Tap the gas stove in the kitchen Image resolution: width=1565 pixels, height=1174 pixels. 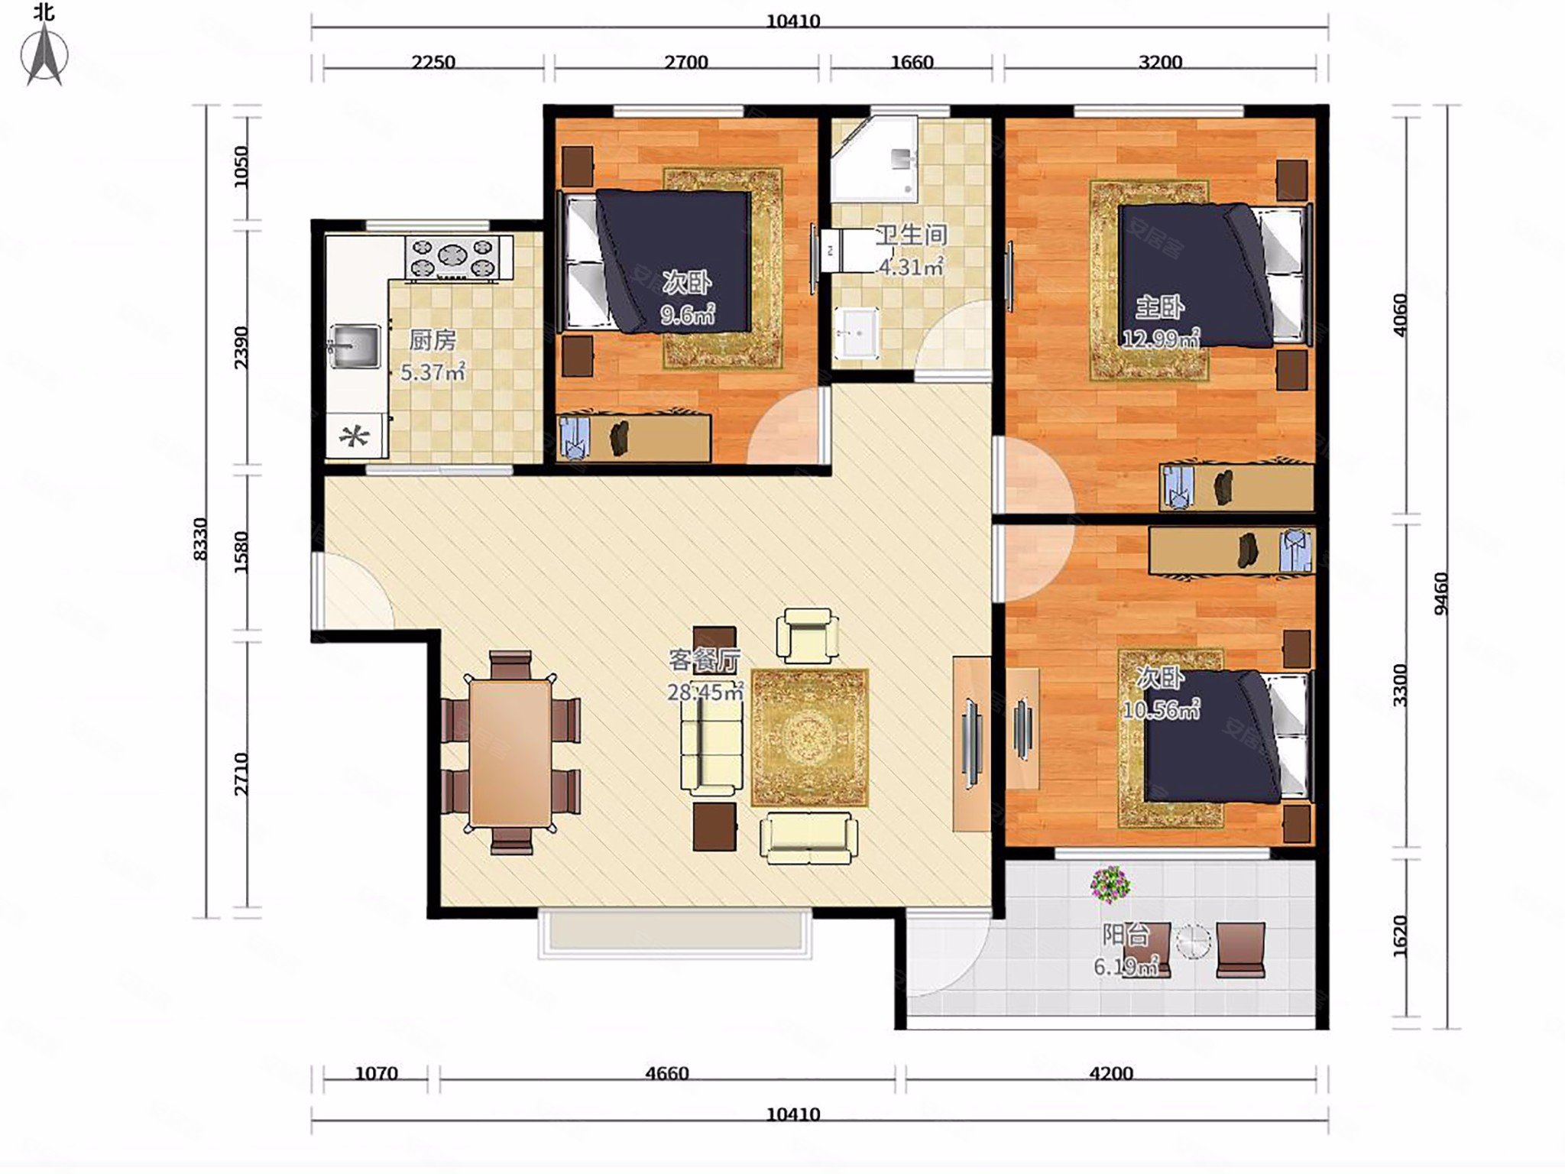[458, 257]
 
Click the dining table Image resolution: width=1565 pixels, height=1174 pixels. [510, 753]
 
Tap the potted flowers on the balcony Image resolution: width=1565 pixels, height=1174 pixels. [1110, 884]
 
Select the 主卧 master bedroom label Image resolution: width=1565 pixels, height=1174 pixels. [1159, 307]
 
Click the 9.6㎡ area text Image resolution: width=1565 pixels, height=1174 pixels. [688, 314]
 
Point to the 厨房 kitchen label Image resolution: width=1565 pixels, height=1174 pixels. [433, 340]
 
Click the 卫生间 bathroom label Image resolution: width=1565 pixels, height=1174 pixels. [912, 235]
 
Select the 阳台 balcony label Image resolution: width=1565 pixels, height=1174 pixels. [1126, 935]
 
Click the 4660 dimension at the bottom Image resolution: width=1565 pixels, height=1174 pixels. [667, 1073]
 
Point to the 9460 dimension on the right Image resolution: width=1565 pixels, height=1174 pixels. [1440, 593]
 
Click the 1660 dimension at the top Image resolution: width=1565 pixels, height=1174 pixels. [912, 62]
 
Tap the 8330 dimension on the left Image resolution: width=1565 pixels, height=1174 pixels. [200, 539]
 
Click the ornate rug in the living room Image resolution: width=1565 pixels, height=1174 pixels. [810, 738]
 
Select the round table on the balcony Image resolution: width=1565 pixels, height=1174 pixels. [1193, 942]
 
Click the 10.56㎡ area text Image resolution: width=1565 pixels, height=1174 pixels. [1161, 710]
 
